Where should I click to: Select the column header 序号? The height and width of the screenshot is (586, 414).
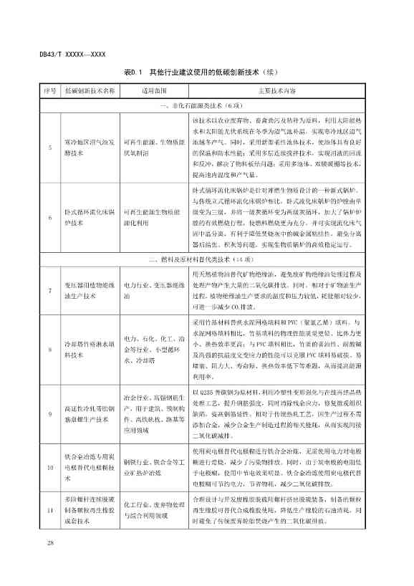pos(49,92)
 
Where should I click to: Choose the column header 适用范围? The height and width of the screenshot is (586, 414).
pos(153,92)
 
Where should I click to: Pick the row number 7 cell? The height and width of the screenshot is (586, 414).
pos(49,289)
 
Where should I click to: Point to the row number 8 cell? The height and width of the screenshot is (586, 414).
pos(49,349)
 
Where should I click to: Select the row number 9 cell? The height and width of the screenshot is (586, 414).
pos(49,413)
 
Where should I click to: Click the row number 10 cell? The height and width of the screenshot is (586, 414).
pos(49,466)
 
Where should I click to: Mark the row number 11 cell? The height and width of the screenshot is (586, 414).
pos(49,509)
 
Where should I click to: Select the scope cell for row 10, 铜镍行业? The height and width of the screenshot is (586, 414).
pos(153,466)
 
